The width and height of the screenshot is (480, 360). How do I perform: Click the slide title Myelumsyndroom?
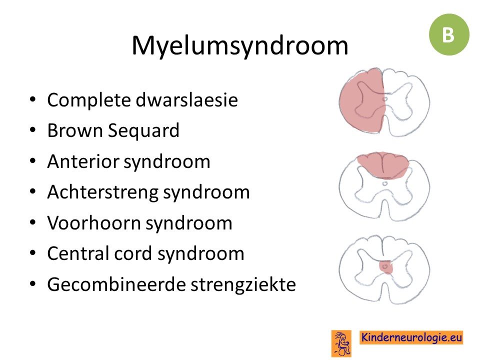pos(240,46)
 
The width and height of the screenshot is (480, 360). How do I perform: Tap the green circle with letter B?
pos(449,34)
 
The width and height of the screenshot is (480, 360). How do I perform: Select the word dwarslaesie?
pos(186,100)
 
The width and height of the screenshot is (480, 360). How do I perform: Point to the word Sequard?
pos(143,131)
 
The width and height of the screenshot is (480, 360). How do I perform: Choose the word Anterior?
pos(83,161)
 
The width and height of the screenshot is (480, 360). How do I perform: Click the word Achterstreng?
pos(102,192)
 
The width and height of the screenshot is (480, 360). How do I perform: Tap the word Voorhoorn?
pos(93,223)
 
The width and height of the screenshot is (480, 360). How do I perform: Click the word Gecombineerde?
pos(116,284)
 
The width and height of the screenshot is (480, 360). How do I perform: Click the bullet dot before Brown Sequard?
pos(33,130)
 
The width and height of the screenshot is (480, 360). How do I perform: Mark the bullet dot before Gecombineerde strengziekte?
pos(33,284)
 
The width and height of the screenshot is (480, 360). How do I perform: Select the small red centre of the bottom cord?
pos(385,267)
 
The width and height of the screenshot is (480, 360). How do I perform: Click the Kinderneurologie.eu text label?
pos(411,337)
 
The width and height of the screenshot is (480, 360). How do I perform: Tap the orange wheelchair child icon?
pos(341,343)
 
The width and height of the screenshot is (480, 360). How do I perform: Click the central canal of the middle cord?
pos(385,183)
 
